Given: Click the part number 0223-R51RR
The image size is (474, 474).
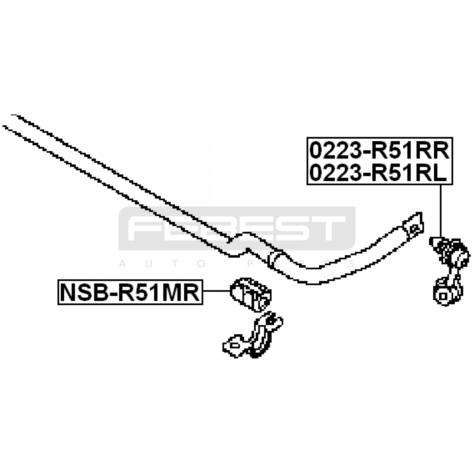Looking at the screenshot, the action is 379,150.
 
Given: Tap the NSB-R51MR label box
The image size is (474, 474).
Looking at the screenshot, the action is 130,292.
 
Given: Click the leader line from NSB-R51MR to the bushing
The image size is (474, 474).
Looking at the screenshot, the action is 217,291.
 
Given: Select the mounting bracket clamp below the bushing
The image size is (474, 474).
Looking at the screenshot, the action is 253,337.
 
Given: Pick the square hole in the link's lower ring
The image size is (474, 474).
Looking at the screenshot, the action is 443,296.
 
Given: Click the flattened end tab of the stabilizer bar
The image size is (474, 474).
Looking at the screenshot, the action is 413,223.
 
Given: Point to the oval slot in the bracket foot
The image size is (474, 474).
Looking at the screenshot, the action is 235,345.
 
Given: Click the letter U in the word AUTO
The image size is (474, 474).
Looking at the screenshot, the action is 149,264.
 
